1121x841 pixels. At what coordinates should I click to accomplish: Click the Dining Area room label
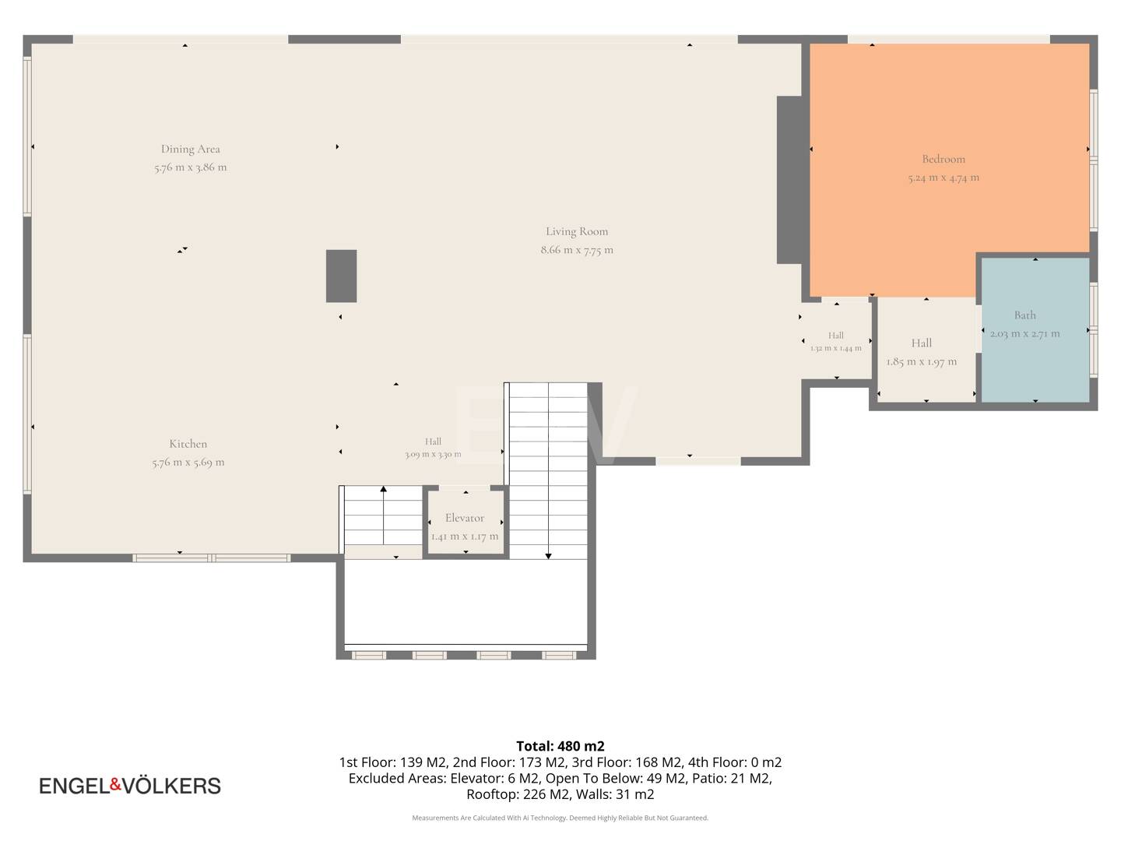(191, 149)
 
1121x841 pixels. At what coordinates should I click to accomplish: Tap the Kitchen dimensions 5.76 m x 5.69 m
(188, 462)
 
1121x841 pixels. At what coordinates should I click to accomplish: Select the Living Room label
(577, 231)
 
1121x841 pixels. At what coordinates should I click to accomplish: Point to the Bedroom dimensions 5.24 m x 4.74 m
(944, 178)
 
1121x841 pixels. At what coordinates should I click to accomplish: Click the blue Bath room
(1035, 329)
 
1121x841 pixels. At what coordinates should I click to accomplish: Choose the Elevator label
(464, 518)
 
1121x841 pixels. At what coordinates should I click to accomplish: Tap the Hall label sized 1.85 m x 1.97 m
(921, 343)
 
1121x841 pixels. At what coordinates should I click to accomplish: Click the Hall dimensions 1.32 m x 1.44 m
(835, 348)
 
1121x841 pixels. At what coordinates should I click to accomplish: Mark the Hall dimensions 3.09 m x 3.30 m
(433, 455)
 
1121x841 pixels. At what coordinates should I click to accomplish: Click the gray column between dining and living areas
(341, 276)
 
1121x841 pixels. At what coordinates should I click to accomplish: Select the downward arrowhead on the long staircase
(548, 556)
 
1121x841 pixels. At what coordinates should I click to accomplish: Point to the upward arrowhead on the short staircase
(384, 489)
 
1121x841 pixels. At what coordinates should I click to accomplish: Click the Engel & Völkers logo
(130, 786)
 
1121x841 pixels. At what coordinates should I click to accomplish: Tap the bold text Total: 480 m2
(560, 746)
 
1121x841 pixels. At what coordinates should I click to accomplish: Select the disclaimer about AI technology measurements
(560, 818)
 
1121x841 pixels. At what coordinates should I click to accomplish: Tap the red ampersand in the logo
(116, 784)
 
